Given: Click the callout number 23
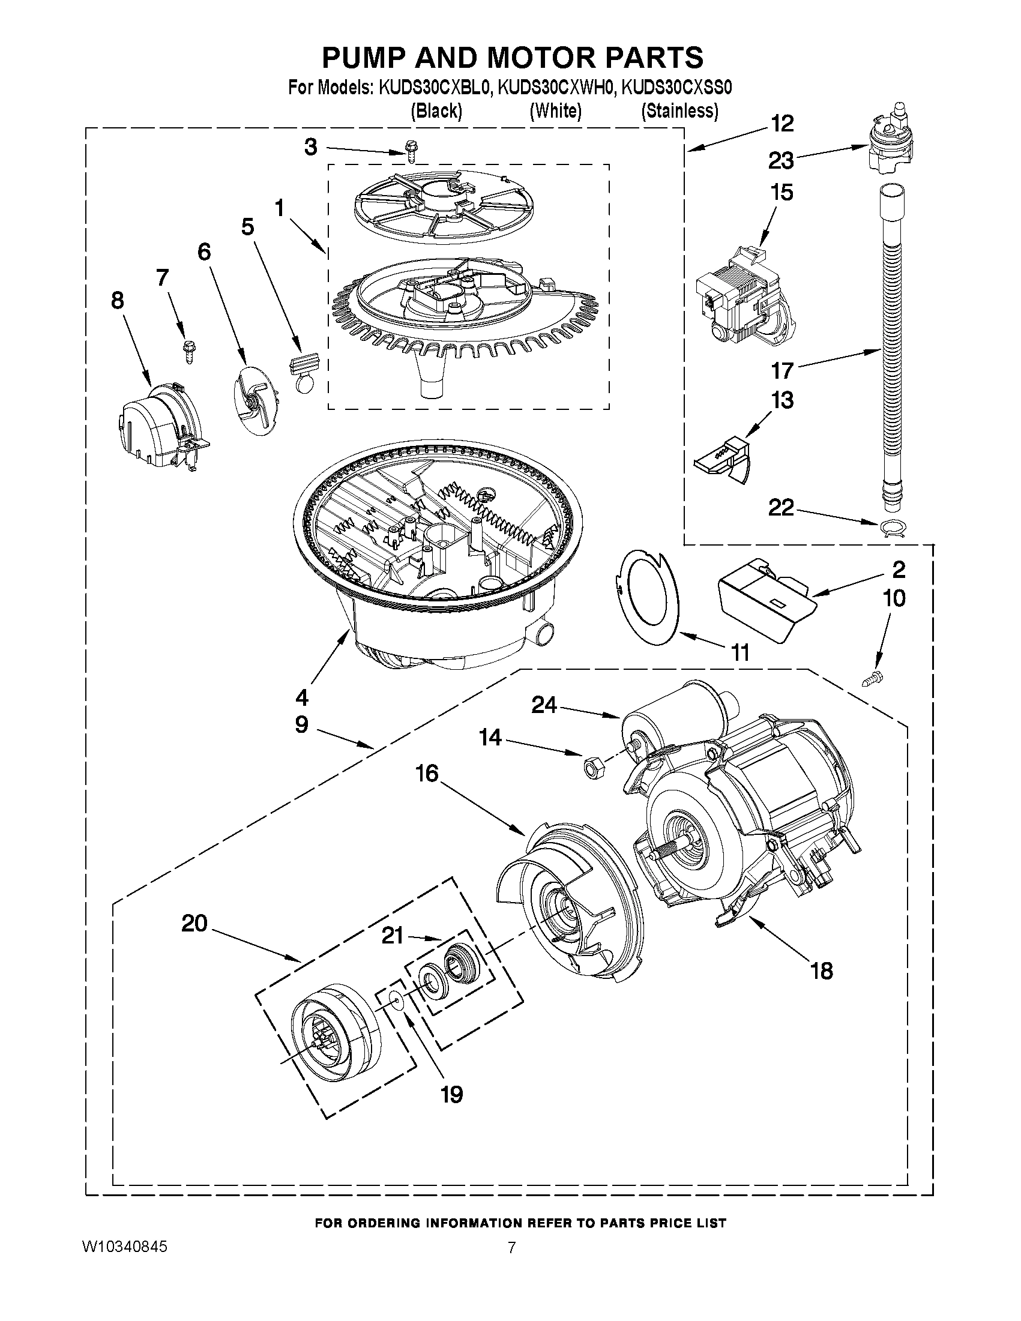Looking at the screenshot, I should click(781, 161).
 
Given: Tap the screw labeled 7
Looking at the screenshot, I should click(187, 351).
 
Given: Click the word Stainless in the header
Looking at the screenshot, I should click(679, 110).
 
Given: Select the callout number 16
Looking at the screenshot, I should click(427, 773).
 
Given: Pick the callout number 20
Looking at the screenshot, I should click(194, 924).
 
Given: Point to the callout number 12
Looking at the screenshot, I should click(782, 124).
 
